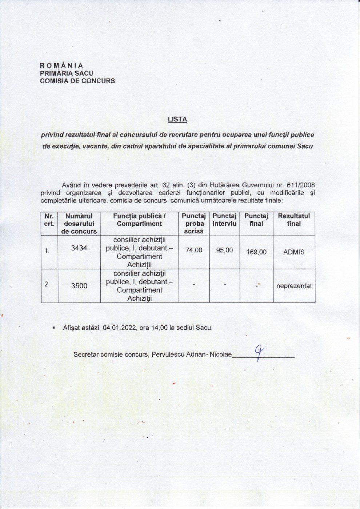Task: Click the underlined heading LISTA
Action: (x=177, y=119)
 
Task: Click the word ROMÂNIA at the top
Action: (x=61, y=65)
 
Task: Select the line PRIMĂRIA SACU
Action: (x=67, y=73)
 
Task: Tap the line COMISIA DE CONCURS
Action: (x=77, y=81)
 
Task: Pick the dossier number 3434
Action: (x=79, y=248)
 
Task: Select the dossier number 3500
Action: (x=79, y=286)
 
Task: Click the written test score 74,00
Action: (x=194, y=250)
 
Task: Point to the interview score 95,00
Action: (x=224, y=250)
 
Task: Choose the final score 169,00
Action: (x=256, y=252)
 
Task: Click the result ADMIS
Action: (x=294, y=252)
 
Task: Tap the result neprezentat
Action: (x=294, y=286)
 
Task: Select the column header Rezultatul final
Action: (x=294, y=220)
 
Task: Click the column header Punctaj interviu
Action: (x=224, y=220)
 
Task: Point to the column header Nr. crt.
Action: (x=49, y=220)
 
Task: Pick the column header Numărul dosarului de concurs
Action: (x=79, y=224)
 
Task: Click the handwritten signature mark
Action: (x=259, y=352)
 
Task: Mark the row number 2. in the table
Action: (x=47, y=284)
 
